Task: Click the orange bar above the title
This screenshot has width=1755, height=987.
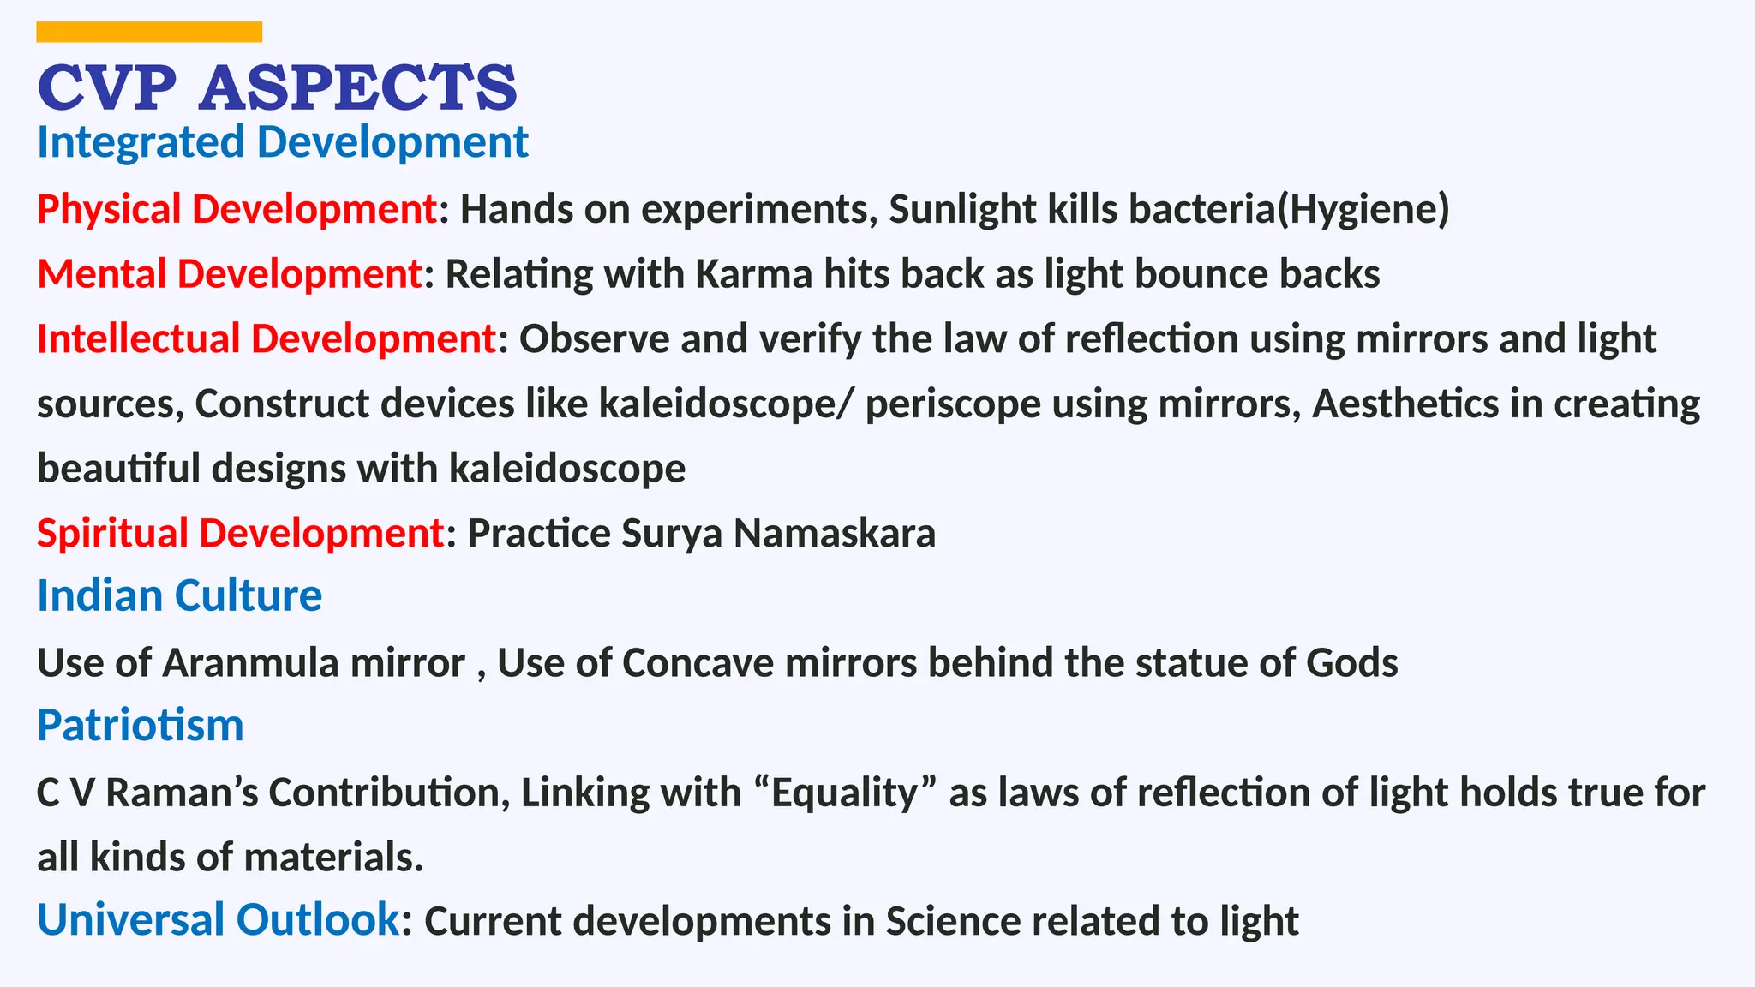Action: click(x=149, y=32)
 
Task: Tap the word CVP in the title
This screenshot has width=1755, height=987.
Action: click(x=106, y=88)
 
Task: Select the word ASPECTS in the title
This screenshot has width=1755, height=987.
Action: click(x=358, y=88)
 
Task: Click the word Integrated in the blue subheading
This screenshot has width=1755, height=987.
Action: click(x=141, y=142)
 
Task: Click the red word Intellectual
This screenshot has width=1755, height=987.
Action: click(x=138, y=339)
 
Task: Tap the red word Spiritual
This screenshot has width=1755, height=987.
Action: click(x=112, y=533)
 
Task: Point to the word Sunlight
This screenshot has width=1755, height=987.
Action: click(x=962, y=210)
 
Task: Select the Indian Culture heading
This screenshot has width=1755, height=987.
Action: click(x=179, y=595)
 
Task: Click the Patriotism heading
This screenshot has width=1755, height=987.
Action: click(x=140, y=726)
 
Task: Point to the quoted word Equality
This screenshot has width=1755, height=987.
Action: click(x=845, y=793)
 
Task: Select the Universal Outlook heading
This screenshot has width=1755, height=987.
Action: click(x=218, y=920)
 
